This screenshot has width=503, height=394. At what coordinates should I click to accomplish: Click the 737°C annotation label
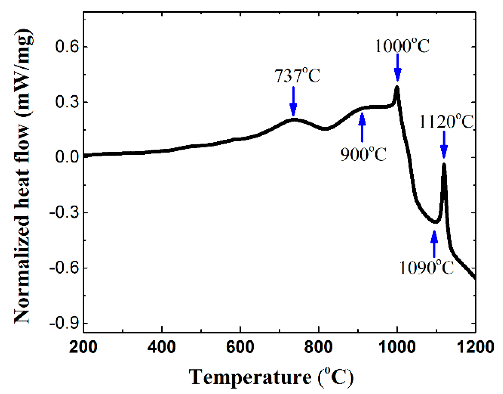(x=297, y=76)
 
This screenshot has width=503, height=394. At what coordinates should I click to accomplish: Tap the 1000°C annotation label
(x=402, y=46)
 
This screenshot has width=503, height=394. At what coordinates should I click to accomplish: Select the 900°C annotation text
(x=363, y=154)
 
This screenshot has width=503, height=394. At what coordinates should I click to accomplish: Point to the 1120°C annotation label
(x=446, y=122)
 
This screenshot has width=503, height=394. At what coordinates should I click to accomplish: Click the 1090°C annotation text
(x=427, y=267)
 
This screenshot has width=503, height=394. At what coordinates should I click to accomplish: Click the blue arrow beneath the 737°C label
(x=293, y=101)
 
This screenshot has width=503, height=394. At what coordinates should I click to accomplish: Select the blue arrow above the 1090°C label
(x=434, y=243)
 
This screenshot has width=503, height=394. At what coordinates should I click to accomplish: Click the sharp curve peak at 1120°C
(x=444, y=165)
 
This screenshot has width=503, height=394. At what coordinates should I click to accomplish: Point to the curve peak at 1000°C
(x=397, y=87)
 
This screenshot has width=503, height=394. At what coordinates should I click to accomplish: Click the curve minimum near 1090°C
(x=435, y=222)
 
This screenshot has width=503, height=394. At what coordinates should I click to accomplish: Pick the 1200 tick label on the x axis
(x=476, y=347)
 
